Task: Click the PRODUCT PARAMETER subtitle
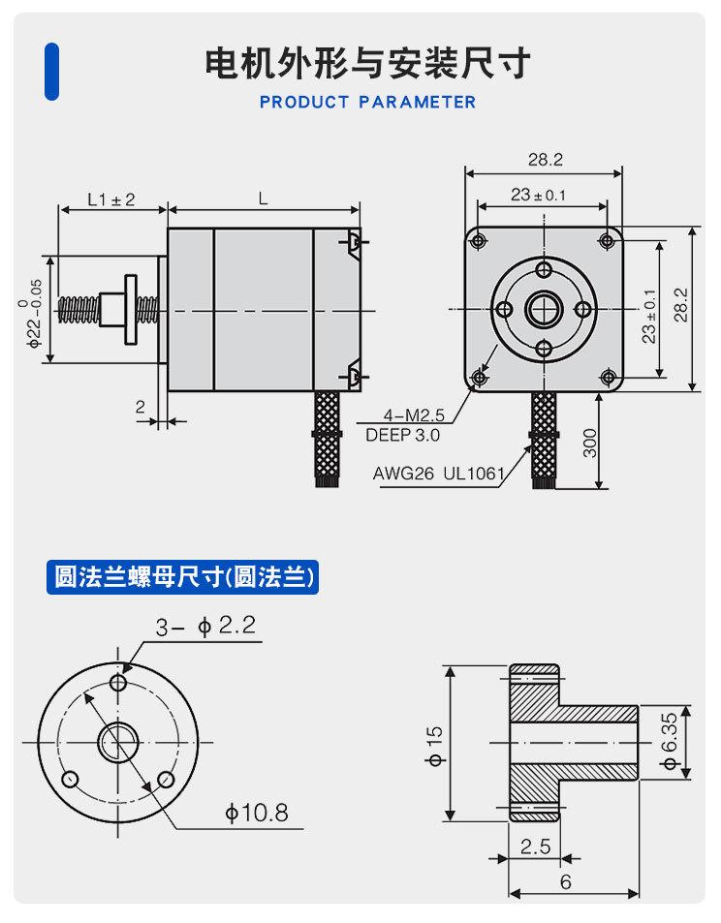pos(367,102)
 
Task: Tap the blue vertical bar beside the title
pos(52,71)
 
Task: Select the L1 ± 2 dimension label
pos(110,200)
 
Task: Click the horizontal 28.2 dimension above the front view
pos(545,160)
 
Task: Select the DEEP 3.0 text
pos(402,435)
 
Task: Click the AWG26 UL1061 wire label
pos(439,474)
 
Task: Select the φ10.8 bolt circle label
pos(257,813)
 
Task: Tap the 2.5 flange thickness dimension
pos(534,846)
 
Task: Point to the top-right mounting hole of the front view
pos(608,240)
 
